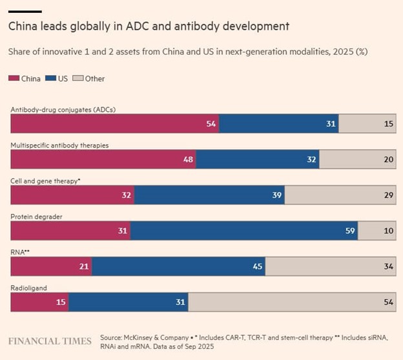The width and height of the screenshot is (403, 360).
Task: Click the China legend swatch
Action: (14, 79)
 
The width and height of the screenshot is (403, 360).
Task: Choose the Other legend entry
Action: (90, 79)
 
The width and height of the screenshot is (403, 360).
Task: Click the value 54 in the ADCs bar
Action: (211, 123)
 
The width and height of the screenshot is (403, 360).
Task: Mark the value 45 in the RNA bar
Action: (257, 266)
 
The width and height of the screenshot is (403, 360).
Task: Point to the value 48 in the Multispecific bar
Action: (189, 159)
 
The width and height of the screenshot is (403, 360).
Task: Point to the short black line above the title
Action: (25, 11)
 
